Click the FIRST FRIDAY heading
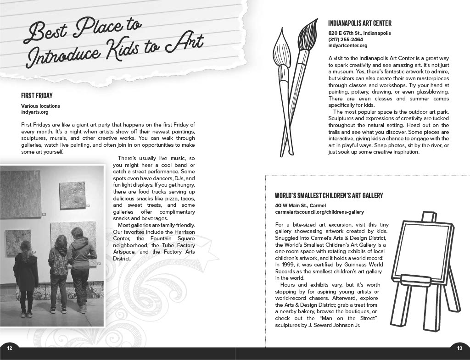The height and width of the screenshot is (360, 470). coord(37,96)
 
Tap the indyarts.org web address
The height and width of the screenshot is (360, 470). coord(34,112)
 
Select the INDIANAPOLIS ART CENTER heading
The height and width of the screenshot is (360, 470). coord(360,23)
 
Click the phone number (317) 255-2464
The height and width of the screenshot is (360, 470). coord(345,39)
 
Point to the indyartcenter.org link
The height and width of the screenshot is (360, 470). coord(348,45)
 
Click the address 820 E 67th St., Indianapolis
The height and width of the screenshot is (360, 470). coord(359,33)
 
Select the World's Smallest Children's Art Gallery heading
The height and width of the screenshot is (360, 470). coord(329,196)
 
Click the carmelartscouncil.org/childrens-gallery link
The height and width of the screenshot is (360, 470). coord(319,212)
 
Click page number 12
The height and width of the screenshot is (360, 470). coord(10,349)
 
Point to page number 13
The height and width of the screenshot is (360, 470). coord(459,349)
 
